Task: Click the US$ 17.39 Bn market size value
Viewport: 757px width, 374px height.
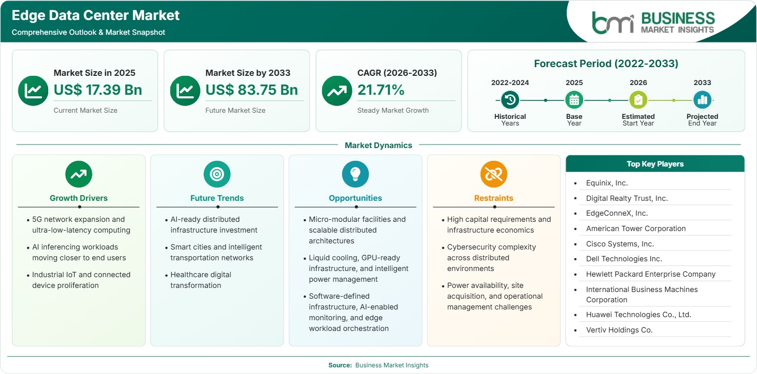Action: coord(97,90)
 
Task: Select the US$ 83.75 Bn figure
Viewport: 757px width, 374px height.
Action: coord(252,90)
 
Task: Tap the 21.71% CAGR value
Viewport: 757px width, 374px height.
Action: coord(381,90)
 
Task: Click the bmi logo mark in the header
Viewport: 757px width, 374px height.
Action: coord(613,23)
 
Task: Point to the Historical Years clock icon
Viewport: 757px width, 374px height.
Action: coord(510,100)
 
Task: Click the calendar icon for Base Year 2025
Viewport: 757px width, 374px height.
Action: coord(574,100)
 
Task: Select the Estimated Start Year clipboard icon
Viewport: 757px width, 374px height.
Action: coord(638,100)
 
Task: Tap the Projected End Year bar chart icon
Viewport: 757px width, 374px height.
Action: coord(702,100)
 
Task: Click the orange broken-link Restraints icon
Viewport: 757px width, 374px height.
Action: coord(494,174)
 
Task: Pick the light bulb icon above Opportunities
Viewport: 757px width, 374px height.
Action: coord(355,174)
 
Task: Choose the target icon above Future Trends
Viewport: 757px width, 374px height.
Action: coord(217,174)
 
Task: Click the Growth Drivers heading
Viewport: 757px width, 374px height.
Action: coord(79,198)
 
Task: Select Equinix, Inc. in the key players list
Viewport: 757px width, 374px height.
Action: coord(607,183)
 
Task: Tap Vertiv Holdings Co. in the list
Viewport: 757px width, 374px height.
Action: coord(619,330)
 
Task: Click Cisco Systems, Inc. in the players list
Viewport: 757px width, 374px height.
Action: coord(620,244)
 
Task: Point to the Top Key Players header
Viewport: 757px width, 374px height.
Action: coord(655,164)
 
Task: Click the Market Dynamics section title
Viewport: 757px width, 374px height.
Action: coord(378,145)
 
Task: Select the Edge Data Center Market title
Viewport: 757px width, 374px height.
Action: coord(95,15)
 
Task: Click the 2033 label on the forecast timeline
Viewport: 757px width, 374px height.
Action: coord(702,82)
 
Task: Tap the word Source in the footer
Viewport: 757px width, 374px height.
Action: coord(340,365)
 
